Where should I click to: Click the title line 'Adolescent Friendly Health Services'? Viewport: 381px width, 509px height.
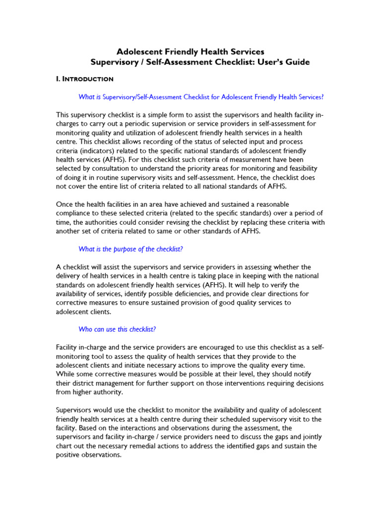click(x=190, y=52)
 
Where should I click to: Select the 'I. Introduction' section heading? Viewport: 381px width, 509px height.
click(x=85, y=79)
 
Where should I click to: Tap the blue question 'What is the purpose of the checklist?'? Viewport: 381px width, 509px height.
click(x=134, y=249)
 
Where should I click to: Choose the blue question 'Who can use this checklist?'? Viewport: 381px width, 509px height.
click(x=118, y=329)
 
